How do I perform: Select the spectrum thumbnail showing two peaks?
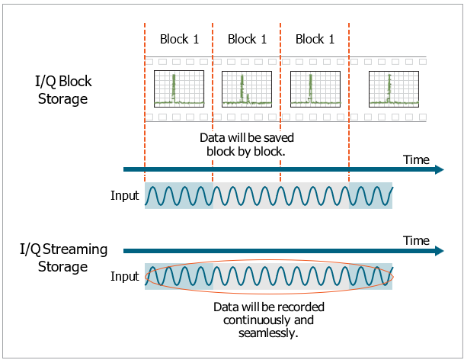click(247, 88)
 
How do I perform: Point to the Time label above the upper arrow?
click(416, 159)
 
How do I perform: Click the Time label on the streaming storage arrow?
click(416, 240)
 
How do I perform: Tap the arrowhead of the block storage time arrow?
click(439, 169)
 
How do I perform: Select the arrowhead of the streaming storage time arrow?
click(439, 250)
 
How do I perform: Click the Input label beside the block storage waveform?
click(125, 195)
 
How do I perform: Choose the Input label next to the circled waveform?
click(125, 275)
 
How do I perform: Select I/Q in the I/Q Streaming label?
click(32, 249)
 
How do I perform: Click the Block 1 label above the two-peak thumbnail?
click(247, 39)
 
